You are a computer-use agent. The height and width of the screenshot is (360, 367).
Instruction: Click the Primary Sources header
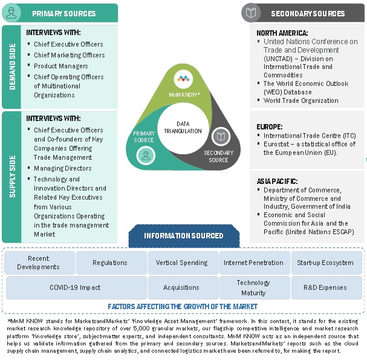click(63, 13)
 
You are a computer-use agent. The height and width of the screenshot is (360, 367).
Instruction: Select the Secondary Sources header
click(308, 13)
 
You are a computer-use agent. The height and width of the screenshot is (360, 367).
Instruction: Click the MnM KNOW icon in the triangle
click(183, 78)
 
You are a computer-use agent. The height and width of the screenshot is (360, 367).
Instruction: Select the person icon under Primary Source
click(145, 155)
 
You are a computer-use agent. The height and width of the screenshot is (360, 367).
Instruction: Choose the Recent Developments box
click(39, 263)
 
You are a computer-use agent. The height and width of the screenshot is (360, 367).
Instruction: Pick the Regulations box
click(110, 263)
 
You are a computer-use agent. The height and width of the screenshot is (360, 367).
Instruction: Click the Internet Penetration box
click(253, 263)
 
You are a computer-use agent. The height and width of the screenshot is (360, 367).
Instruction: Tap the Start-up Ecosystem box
click(326, 263)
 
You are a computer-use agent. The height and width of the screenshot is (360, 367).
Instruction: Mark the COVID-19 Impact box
click(75, 287)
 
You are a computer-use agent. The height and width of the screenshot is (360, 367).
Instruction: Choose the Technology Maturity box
click(253, 287)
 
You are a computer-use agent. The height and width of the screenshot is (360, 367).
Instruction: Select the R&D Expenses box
click(326, 287)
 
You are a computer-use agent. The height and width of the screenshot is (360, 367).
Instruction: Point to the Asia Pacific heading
click(278, 181)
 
